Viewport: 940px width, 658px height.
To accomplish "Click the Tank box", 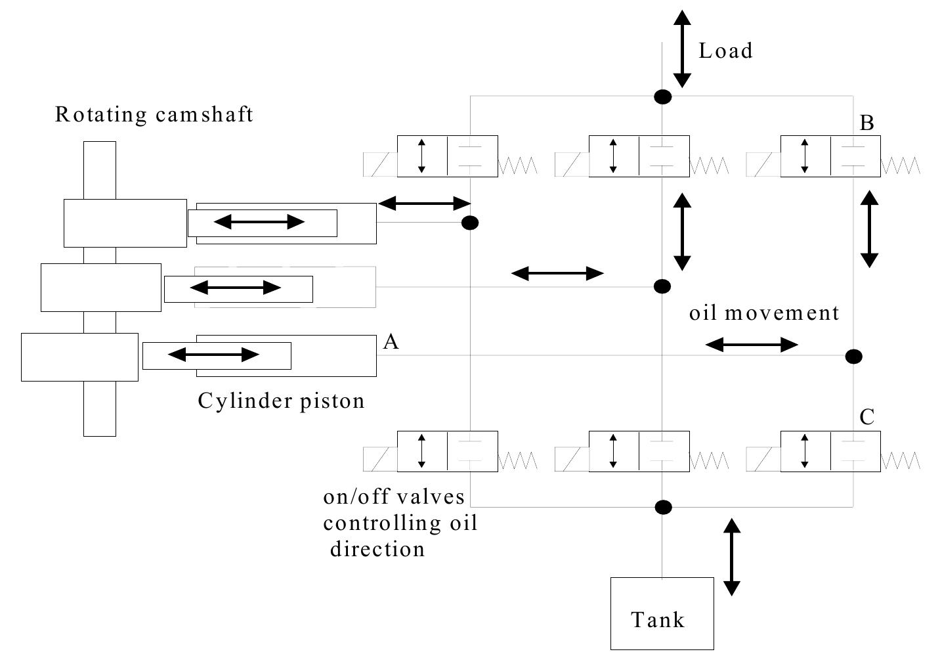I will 662,613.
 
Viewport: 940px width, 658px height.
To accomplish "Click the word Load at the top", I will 725,51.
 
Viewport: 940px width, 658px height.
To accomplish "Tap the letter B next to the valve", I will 866,123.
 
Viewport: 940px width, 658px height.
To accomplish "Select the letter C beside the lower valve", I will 866,417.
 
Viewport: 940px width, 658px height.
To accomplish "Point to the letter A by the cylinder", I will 391,341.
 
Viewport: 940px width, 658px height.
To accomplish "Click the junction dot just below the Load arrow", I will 663,97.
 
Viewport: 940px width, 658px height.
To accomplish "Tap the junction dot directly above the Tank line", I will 663,507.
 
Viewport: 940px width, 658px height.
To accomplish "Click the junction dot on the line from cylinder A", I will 853,357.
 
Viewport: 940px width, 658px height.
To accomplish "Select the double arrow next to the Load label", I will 683,49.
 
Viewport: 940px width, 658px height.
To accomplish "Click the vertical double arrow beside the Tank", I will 732,557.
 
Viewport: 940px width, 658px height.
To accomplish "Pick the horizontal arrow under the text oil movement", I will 752,344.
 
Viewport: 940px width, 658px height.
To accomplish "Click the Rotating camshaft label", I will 154,114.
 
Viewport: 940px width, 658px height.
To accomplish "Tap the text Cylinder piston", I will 281,401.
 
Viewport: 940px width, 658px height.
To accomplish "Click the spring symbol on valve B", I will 900,165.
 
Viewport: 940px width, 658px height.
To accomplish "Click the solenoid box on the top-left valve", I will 380,164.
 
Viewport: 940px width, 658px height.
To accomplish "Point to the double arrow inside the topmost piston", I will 259,222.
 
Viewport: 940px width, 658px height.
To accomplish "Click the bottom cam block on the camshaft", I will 79,357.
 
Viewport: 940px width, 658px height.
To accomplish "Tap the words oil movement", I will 764,313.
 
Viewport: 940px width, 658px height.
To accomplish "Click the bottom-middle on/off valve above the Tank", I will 639,451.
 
